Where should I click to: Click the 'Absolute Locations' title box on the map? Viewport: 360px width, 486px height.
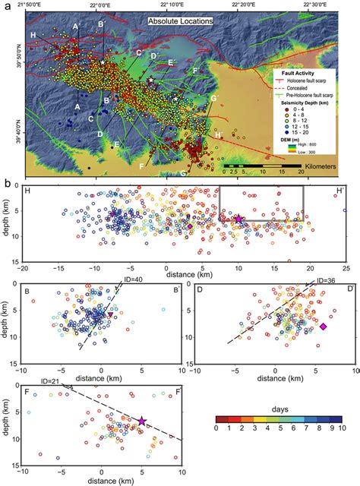click(x=180, y=22)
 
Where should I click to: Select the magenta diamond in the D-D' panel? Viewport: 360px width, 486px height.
click(x=323, y=326)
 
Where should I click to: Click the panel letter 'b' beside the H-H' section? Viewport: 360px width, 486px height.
click(x=7, y=183)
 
